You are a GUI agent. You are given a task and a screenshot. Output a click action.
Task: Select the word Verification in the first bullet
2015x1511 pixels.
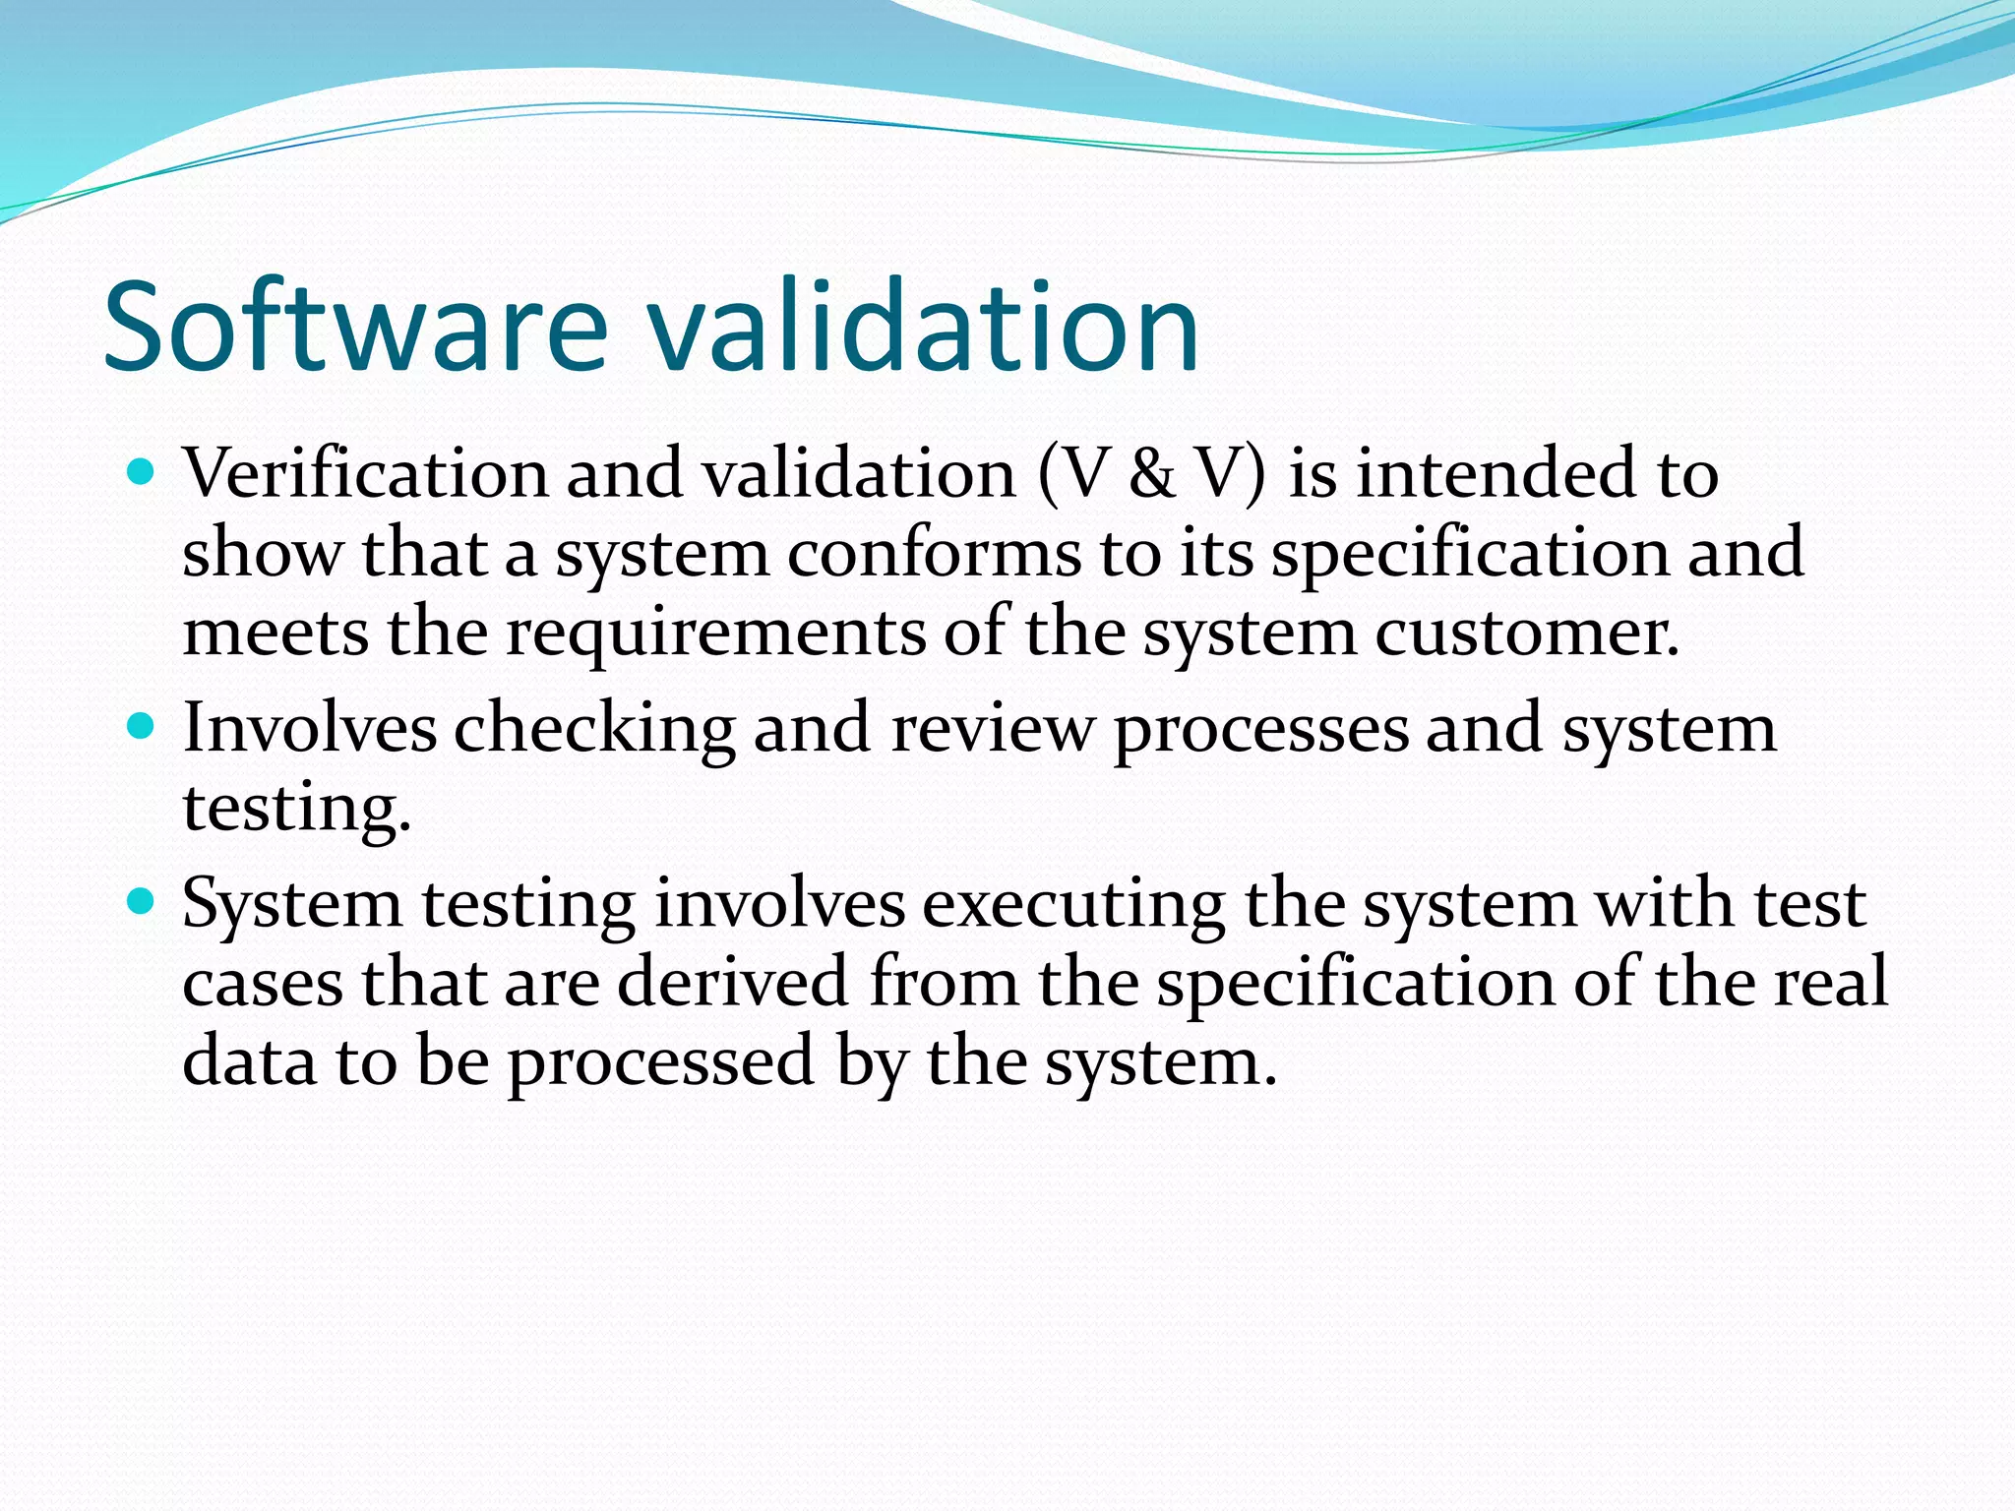tap(365, 474)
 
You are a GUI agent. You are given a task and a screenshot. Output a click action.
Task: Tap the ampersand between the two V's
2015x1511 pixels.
tap(1152, 474)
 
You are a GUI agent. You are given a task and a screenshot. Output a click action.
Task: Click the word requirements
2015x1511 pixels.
tap(715, 632)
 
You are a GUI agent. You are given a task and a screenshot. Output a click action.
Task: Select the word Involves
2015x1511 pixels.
tap(310, 729)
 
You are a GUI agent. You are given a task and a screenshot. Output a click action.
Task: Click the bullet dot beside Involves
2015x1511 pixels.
tap(142, 727)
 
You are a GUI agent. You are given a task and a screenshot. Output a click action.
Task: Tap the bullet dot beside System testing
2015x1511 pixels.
tap(142, 901)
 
